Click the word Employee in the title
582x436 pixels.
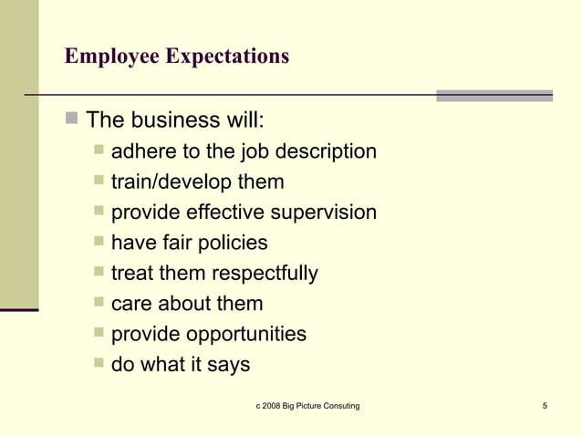[112, 57]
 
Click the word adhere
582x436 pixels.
[141, 151]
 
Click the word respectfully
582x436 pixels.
[265, 273]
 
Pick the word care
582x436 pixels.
[131, 304]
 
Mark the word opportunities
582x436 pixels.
[246, 334]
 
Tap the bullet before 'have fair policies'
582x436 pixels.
[98, 243]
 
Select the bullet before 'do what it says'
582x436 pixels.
[98, 365]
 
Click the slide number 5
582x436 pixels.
[544, 405]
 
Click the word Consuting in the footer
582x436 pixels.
[337, 405]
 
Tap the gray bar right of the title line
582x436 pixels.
[494, 95]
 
